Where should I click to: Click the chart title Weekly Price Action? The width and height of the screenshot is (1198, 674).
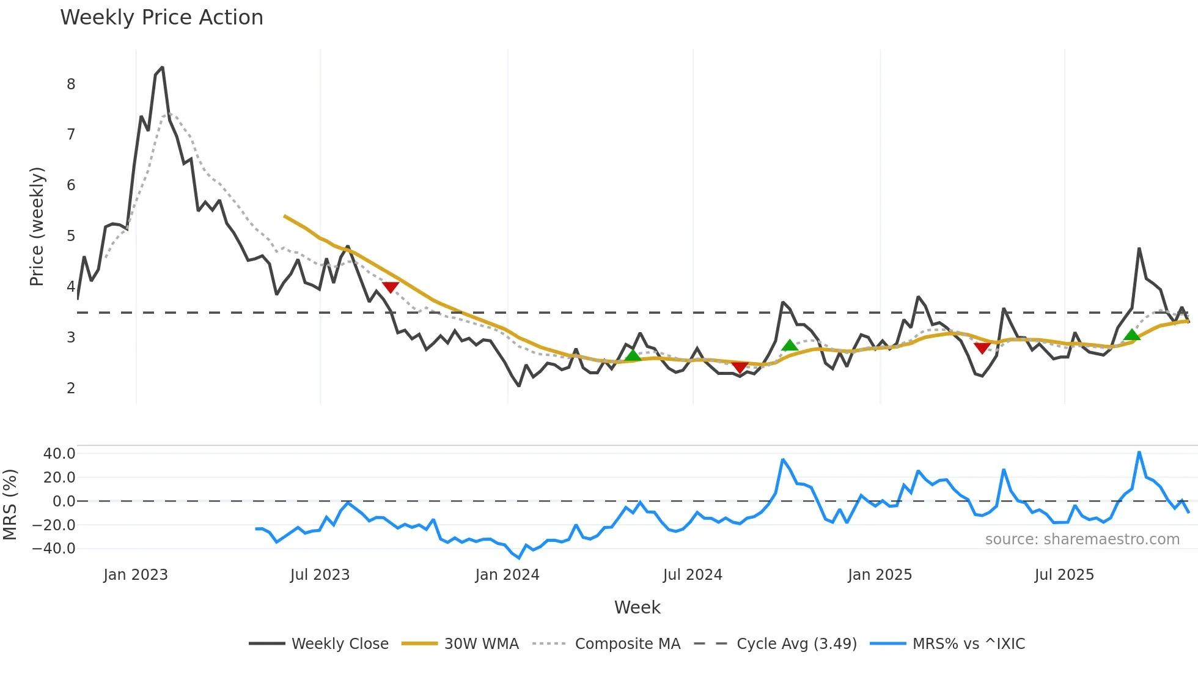(x=161, y=18)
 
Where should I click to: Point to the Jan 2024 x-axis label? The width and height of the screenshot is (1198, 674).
(x=507, y=575)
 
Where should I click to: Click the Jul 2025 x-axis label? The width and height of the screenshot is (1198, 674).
(x=1064, y=575)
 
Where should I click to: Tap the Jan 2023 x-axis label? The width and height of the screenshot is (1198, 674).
(x=136, y=575)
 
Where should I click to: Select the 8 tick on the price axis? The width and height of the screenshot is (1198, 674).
(x=71, y=84)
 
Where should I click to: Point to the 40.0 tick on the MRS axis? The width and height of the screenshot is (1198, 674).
(x=59, y=454)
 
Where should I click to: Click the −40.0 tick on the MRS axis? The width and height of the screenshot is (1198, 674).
(x=54, y=549)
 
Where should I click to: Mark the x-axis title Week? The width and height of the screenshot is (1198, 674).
(x=637, y=607)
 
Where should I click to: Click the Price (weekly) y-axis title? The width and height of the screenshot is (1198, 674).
(x=37, y=226)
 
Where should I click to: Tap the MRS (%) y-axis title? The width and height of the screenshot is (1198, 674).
(x=10, y=505)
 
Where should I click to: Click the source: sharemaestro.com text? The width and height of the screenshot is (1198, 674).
(x=1082, y=539)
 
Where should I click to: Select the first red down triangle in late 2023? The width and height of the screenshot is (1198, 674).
(x=391, y=287)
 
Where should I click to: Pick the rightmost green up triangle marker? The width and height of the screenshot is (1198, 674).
(x=1132, y=335)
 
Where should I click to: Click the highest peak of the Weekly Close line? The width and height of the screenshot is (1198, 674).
(x=162, y=67)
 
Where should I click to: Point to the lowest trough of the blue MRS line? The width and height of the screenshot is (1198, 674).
(x=519, y=558)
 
